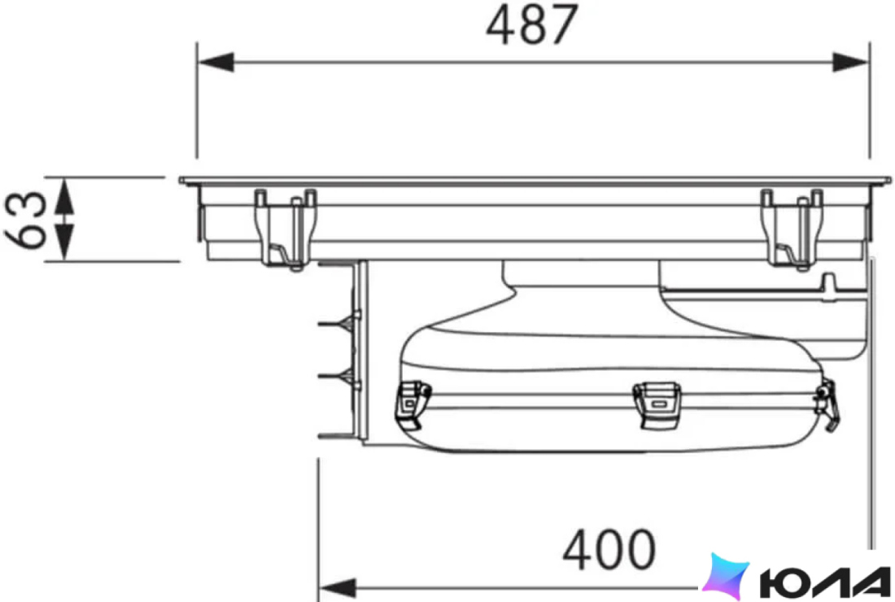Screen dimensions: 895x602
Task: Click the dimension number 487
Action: (x=532, y=24)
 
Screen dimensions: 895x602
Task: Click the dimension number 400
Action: (x=609, y=549)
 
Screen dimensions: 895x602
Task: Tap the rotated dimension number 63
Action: (x=26, y=220)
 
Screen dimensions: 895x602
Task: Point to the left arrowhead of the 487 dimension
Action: (x=216, y=62)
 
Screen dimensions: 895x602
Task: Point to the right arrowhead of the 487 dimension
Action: (x=851, y=62)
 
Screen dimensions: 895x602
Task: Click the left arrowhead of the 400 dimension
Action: (x=337, y=587)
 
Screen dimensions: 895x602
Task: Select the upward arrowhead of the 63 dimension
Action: (x=64, y=196)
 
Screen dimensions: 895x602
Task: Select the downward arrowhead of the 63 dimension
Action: (x=64, y=242)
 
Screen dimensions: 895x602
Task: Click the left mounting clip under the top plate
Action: (x=286, y=229)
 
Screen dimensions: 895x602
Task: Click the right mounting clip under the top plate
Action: (x=792, y=229)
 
